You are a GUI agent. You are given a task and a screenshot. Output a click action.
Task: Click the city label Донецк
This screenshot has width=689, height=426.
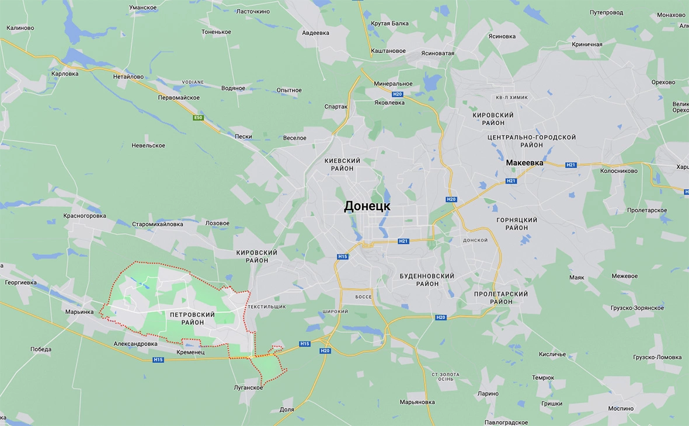tap(367, 206)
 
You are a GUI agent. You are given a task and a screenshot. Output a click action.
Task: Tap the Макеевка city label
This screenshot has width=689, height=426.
tap(524, 163)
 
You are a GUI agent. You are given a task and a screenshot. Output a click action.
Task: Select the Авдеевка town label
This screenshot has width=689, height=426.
tap(315, 33)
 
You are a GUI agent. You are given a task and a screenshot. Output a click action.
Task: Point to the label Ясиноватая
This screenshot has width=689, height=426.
tap(437, 53)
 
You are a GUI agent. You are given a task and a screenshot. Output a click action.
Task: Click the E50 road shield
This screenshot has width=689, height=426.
tap(199, 118)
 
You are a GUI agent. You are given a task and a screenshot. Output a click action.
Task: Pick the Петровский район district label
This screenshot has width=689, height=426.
tap(192, 318)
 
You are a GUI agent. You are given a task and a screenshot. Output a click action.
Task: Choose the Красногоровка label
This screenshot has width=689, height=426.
tap(85, 215)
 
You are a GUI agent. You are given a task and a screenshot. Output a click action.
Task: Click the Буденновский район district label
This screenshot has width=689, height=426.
tap(427, 280)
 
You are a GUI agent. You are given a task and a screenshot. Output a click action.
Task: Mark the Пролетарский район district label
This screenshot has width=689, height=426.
tap(501, 298)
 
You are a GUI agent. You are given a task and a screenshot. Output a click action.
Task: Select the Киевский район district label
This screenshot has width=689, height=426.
tap(342, 164)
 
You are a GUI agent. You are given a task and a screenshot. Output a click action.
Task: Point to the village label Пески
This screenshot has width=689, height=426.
tap(243, 137)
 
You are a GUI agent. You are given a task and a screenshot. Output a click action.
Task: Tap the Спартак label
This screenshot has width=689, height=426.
tap(336, 107)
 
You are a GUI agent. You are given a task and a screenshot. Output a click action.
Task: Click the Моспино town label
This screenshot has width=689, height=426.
tap(620, 408)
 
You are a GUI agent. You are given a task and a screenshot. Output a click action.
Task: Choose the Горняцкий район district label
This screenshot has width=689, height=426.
tap(516, 224)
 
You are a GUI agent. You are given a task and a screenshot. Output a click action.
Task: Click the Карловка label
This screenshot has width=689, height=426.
tap(65, 74)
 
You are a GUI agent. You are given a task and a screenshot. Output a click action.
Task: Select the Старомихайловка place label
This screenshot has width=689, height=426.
tap(158, 224)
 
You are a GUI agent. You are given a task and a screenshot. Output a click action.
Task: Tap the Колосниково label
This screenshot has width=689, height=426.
tap(618, 171)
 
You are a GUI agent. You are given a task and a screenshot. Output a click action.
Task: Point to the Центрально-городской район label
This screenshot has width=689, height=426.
tap(531, 141)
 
